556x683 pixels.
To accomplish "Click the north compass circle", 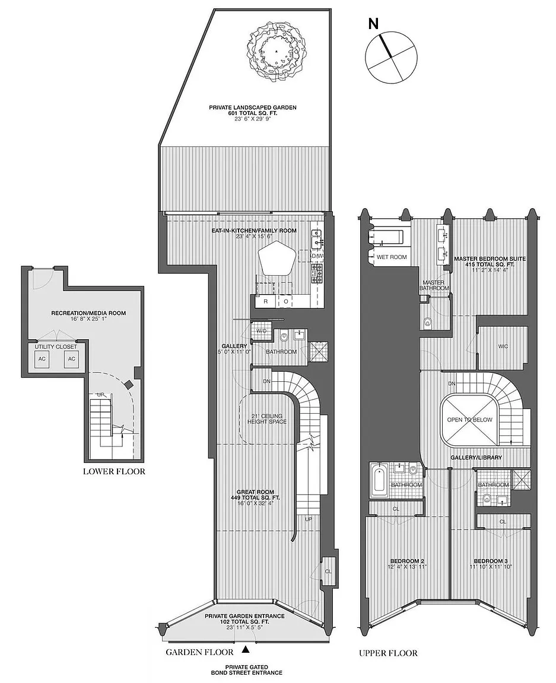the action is tap(391, 56).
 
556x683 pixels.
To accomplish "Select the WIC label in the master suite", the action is tap(503, 346).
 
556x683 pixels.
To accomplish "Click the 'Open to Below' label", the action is tap(469, 420).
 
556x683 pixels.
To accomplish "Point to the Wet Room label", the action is tap(392, 257).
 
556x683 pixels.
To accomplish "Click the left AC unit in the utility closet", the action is tap(42, 359).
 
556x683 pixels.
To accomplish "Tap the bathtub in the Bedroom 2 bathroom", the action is tap(379, 481).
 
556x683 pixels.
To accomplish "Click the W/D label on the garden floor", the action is tap(261, 331).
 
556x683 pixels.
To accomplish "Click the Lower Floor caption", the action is tap(115, 471).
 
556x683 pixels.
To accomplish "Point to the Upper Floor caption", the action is tap(388, 653).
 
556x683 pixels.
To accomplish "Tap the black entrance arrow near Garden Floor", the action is tap(246, 650).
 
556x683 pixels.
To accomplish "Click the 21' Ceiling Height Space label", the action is tap(267, 419).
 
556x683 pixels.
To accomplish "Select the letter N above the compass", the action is tap(373, 24).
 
